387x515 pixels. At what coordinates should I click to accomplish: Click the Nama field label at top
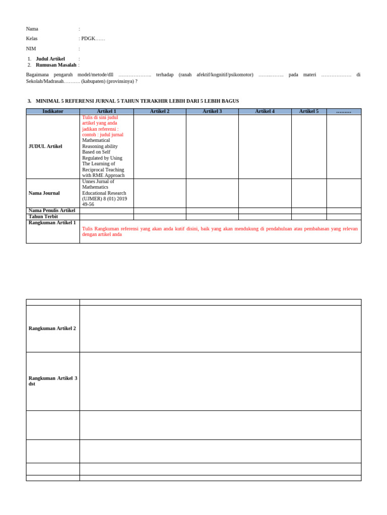[32, 29]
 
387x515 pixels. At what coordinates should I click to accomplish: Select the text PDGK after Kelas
[88, 39]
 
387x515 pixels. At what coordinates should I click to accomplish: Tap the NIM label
[31, 49]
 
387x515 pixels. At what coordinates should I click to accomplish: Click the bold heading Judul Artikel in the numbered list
[50, 59]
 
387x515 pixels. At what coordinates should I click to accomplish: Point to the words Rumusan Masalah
[56, 65]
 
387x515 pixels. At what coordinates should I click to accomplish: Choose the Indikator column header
[53, 111]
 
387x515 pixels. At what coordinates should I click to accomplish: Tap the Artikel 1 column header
[106, 111]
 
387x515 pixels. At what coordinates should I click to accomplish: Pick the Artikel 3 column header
[212, 111]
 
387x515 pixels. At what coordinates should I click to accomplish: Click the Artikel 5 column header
[309, 111]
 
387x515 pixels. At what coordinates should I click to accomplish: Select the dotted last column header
[344, 111]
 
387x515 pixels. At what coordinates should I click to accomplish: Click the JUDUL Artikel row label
[45, 146]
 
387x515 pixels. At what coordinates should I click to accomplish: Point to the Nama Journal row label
[44, 193]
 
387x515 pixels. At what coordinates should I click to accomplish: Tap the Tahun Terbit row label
[43, 217]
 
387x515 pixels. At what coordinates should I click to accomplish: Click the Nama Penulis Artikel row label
[52, 211]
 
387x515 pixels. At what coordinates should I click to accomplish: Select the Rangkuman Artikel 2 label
[52, 328]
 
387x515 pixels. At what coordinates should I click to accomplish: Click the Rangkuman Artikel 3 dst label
[52, 381]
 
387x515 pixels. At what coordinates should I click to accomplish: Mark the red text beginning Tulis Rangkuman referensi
[220, 231]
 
